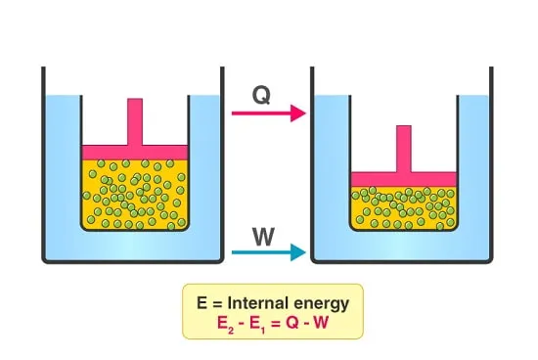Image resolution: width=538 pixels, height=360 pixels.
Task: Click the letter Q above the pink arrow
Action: (261, 95)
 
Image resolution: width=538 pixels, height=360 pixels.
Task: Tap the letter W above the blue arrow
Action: (263, 237)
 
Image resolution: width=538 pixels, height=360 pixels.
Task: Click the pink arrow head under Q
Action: (297, 113)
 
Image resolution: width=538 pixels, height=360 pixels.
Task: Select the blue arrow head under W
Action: (297, 252)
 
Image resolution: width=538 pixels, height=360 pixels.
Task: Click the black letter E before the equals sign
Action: (202, 303)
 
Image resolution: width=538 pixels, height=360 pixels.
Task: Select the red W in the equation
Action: (320, 323)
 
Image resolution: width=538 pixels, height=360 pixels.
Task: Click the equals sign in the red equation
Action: (275, 324)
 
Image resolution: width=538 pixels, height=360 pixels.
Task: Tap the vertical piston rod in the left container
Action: (135, 122)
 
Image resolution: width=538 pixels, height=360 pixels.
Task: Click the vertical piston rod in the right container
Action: (404, 149)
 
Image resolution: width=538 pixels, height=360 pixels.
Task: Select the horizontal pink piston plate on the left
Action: (135, 153)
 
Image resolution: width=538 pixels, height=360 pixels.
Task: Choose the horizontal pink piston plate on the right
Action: (404, 179)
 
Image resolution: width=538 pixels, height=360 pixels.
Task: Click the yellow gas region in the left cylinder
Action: (135, 195)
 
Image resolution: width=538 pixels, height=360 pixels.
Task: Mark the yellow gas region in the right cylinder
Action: (404, 208)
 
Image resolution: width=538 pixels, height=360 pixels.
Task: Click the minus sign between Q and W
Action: (305, 324)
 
